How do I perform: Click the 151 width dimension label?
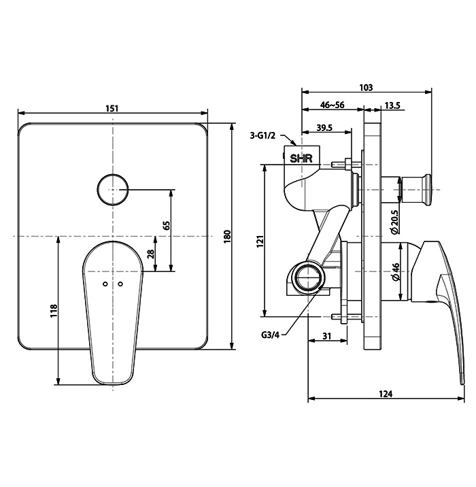pos(112,108)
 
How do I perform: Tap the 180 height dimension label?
pos(228,237)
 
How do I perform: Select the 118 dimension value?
pos(54,311)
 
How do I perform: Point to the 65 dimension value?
pos(167,226)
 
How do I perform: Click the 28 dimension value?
pos(151,254)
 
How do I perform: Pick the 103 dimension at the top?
pos(366,88)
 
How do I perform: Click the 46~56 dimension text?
pos(333,105)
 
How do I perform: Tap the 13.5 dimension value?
pos(392,105)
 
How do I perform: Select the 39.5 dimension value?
pos(324,128)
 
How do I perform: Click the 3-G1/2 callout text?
pos(262,136)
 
